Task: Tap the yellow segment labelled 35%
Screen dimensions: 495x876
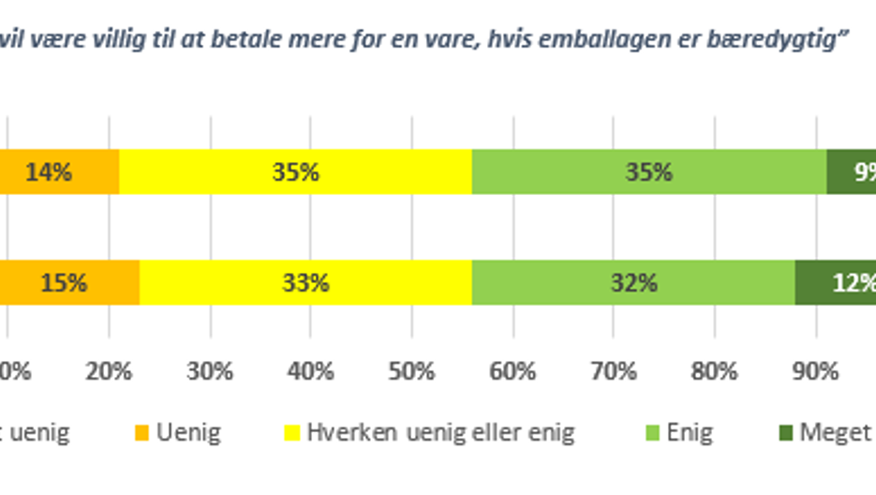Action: click(295, 172)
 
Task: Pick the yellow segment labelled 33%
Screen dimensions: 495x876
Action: click(306, 282)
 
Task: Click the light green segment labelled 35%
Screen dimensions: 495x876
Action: click(648, 172)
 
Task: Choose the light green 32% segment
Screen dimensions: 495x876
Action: click(632, 282)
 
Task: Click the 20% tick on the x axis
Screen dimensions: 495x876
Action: click(109, 371)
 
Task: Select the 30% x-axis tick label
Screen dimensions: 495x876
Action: click(210, 371)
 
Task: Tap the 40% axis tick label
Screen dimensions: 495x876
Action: click(311, 371)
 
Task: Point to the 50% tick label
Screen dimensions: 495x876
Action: click(412, 371)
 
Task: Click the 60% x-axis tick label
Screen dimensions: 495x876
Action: click(512, 371)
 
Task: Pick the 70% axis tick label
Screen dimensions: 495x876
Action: click(614, 371)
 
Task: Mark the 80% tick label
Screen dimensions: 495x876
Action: click(715, 371)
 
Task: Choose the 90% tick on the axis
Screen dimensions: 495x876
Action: click(816, 371)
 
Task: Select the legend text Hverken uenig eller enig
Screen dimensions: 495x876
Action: click(440, 433)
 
